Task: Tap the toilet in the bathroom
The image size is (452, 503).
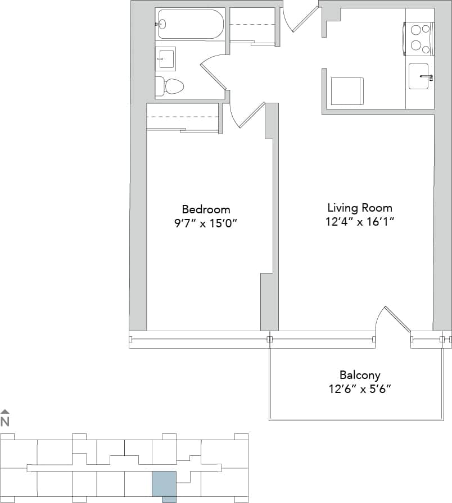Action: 171,86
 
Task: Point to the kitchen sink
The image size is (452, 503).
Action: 421,76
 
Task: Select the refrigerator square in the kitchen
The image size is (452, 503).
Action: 346,91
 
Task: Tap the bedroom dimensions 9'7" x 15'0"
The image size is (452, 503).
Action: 206,223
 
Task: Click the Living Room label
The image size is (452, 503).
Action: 360,208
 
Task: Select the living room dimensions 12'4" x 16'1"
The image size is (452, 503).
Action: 360,222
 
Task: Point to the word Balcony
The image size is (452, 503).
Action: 360,375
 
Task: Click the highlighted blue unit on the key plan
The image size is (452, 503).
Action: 164,485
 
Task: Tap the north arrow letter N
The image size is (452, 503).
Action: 5,422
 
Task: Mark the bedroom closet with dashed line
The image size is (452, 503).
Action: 182,117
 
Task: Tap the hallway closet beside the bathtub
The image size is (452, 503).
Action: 252,25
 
